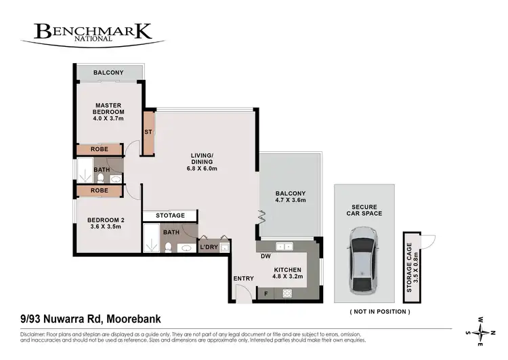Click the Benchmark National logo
pyautogui.click(x=92, y=33)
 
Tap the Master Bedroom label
pyautogui.click(x=108, y=109)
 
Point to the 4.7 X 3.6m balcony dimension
pyautogui.click(x=291, y=201)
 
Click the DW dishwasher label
pyautogui.click(x=265, y=256)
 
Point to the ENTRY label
pyautogui.click(x=243, y=279)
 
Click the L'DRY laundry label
pyautogui.click(x=208, y=247)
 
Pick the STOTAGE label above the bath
pyautogui.click(x=169, y=216)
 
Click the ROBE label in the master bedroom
pyautogui.click(x=100, y=150)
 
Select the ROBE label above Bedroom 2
pyautogui.click(x=100, y=191)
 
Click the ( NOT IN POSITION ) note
pyautogui.click(x=379, y=311)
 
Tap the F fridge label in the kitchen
pyautogui.click(x=265, y=294)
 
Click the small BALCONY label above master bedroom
pyautogui.click(x=109, y=73)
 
